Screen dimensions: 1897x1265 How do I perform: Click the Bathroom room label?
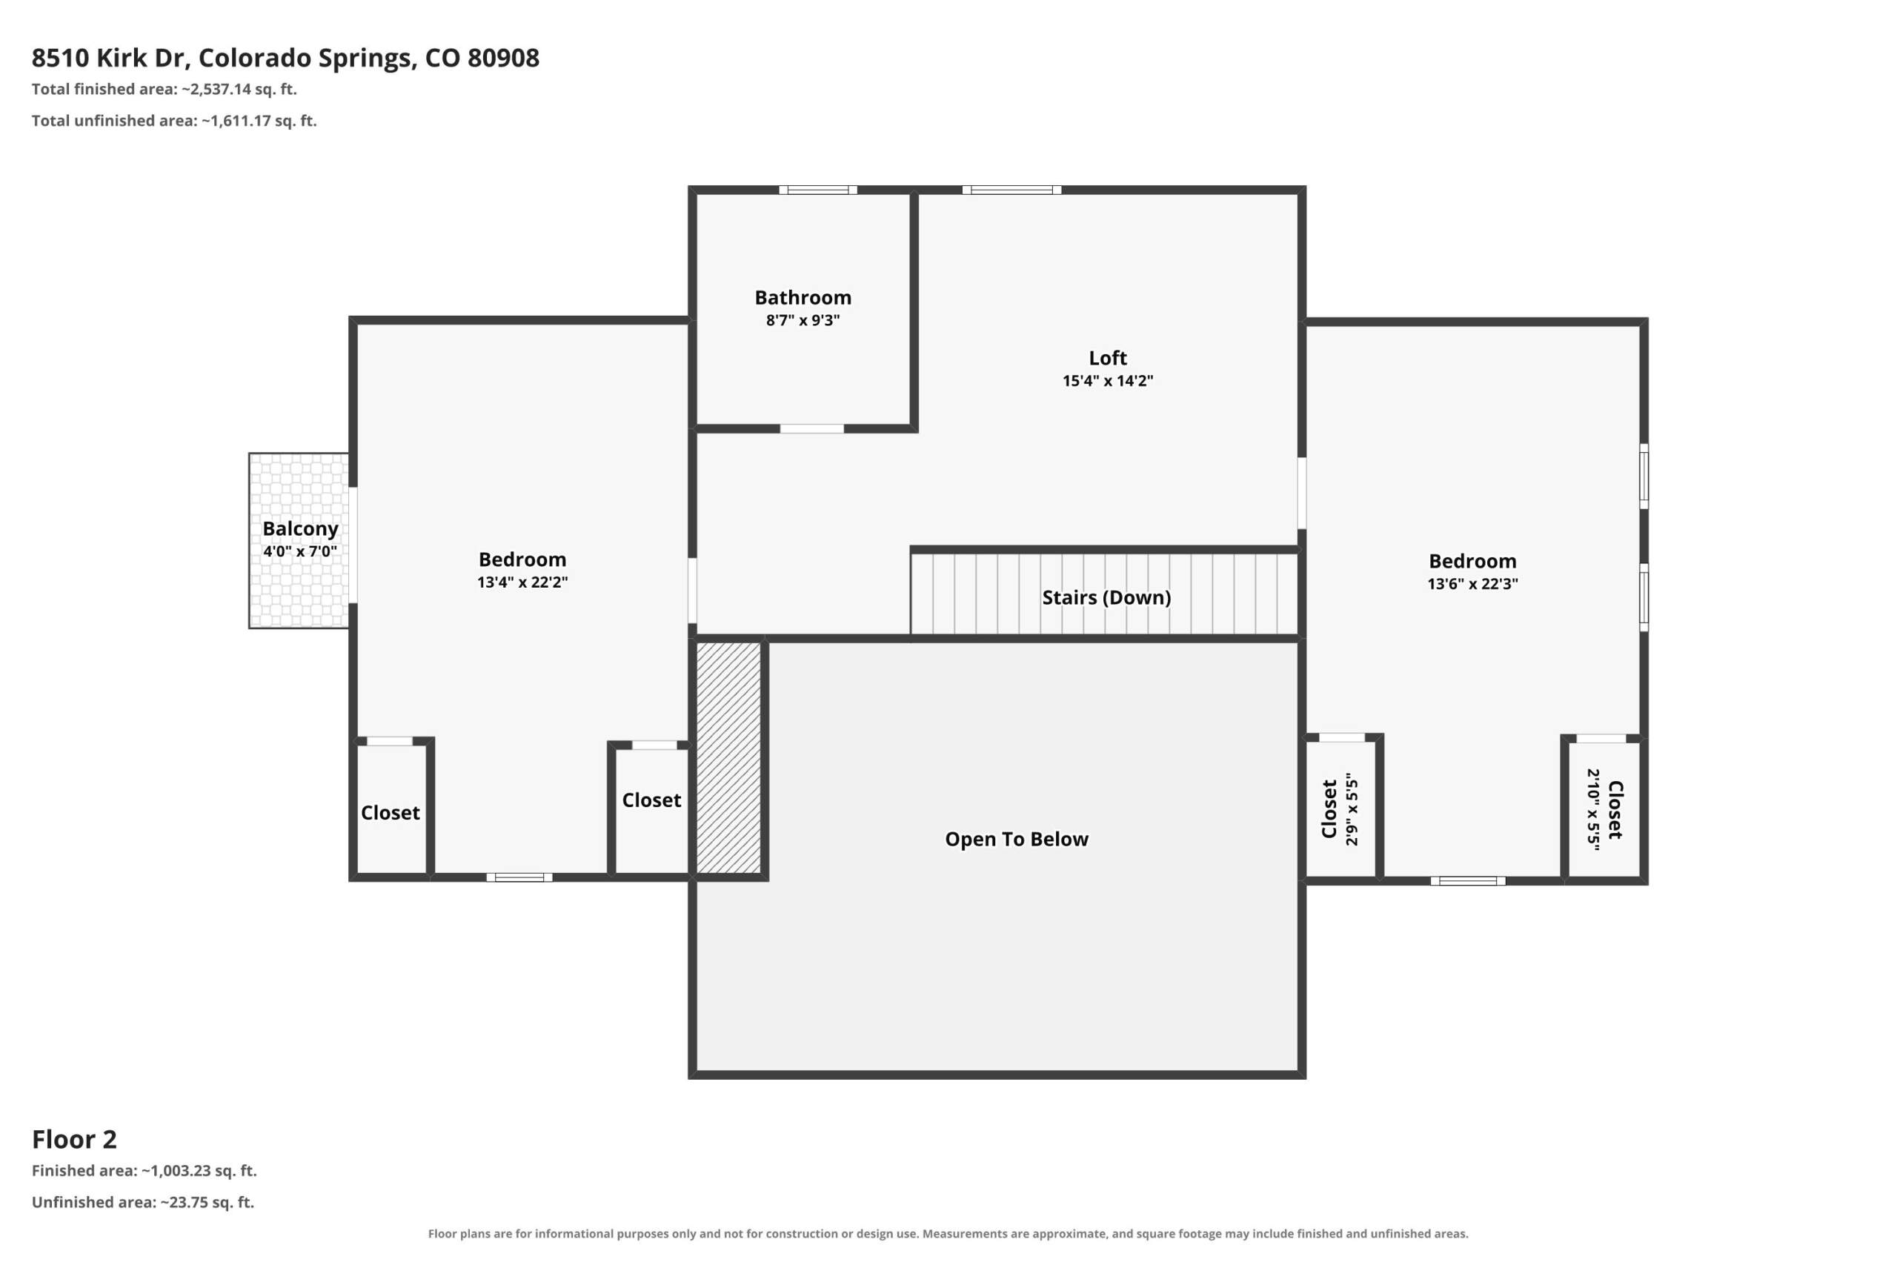803,298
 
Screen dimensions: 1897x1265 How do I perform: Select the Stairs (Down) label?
1106,598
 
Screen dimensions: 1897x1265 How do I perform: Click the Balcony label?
300,529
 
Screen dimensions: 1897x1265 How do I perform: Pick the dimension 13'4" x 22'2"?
522,582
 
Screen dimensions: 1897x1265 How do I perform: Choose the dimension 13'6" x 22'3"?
1472,584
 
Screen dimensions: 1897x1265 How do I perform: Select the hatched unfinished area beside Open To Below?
728,757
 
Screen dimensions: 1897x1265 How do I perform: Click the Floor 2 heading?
74,1139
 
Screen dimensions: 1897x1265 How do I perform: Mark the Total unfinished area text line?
174,121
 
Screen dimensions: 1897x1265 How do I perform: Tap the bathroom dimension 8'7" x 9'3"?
803,320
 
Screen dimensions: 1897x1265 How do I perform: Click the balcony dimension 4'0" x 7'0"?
300,552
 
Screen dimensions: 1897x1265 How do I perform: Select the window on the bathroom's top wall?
818,190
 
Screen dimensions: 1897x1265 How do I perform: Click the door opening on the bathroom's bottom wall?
811,428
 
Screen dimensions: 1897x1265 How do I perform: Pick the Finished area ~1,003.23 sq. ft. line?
144,1171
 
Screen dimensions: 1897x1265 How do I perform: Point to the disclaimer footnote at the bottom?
948,1234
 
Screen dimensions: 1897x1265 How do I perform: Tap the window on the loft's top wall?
1011,190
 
